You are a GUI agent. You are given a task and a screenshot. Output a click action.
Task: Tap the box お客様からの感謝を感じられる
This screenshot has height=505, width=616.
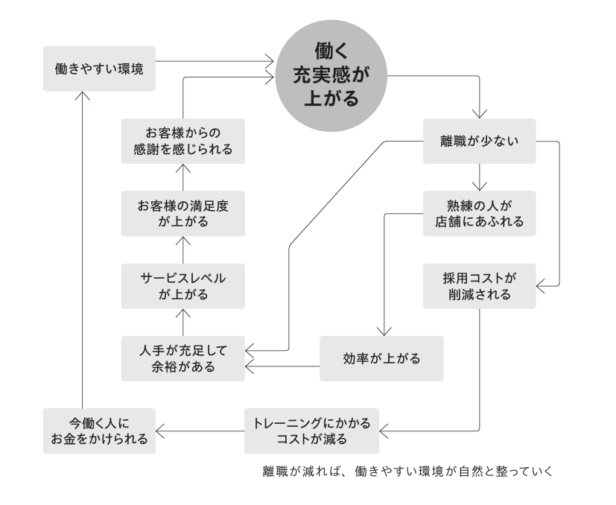tap(182, 140)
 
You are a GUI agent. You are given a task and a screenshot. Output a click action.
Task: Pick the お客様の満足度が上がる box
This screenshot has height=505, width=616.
tap(182, 213)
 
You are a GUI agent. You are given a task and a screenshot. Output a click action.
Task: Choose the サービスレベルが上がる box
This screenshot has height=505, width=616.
tap(182, 286)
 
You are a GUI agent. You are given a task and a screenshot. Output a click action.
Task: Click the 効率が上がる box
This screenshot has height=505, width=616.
tap(381, 358)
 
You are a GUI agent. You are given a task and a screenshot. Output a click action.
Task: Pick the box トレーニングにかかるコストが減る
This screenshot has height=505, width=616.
tap(311, 431)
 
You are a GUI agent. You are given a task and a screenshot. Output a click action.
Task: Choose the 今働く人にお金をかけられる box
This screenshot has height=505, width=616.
tap(99, 431)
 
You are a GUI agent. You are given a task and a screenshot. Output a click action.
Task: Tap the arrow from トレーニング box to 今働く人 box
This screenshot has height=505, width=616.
tap(200, 431)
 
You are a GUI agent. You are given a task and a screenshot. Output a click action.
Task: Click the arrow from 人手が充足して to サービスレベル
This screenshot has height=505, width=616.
tap(182, 323)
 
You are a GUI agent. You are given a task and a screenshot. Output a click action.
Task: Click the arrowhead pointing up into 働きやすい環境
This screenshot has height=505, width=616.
tap(83, 95)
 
